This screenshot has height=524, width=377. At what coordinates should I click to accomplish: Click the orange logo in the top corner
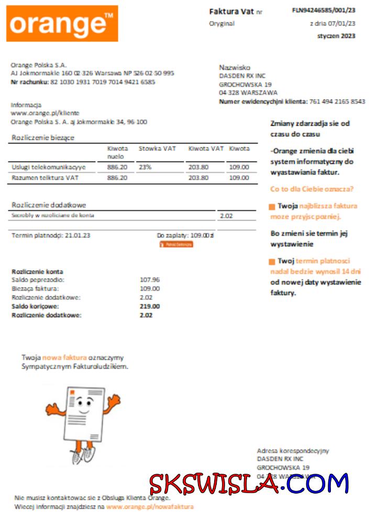pyautogui.click(x=62, y=24)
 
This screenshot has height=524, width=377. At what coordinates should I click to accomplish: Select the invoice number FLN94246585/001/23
pyautogui.click(x=324, y=10)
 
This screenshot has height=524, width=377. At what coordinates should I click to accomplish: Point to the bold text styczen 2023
pyautogui.click(x=336, y=36)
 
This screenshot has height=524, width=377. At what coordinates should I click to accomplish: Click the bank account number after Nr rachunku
pyautogui.click(x=103, y=82)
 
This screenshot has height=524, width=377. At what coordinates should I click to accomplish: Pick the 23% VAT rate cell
pyautogui.click(x=145, y=167)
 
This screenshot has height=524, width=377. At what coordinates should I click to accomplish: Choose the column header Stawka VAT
pyautogui.click(x=157, y=149)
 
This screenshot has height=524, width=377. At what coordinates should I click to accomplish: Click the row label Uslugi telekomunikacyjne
pyautogui.click(x=48, y=167)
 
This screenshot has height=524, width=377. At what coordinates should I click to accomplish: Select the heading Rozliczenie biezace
pyautogui.click(x=43, y=138)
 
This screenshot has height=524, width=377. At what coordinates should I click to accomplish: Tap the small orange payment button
pyautogui.click(x=176, y=245)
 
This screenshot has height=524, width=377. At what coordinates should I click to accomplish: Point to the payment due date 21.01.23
pyautogui.click(x=77, y=236)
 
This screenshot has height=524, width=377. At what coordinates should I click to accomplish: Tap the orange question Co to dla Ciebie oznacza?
pyautogui.click(x=312, y=189)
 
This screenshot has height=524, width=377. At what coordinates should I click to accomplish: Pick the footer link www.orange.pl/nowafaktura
pyautogui.click(x=150, y=507)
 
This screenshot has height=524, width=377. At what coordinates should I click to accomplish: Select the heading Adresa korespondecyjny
pyautogui.click(x=293, y=451)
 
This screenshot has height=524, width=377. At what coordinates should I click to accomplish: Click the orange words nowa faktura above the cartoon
pyautogui.click(x=64, y=357)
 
